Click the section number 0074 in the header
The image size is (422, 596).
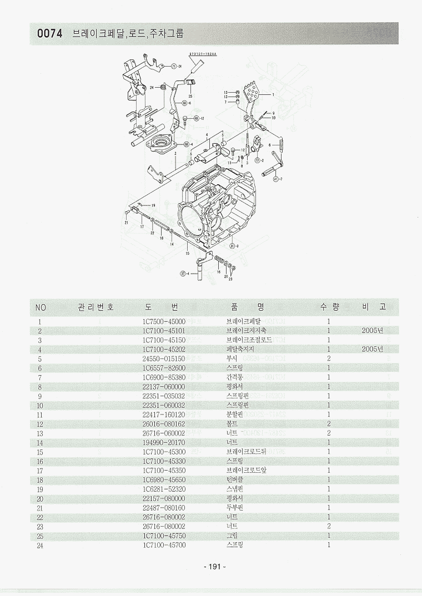[50, 34]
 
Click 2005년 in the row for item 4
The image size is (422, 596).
[372, 349]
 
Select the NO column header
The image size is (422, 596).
[41, 307]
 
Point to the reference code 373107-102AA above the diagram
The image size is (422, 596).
[203, 54]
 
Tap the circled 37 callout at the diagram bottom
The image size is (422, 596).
[183, 273]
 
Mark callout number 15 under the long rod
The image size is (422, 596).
[187, 253]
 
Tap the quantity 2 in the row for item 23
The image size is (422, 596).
[329, 526]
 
